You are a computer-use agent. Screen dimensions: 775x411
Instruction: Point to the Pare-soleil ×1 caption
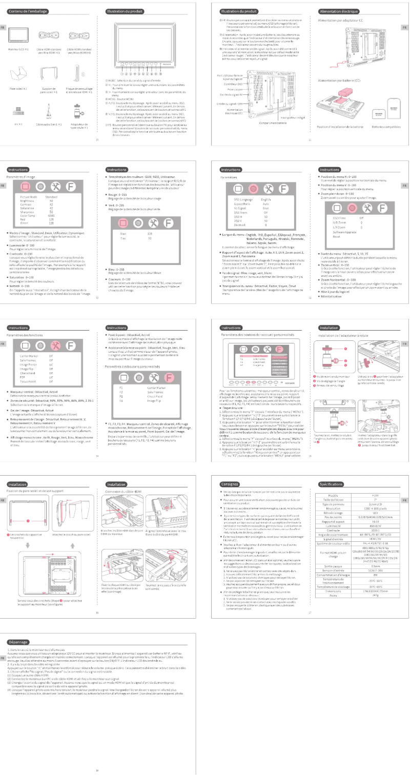click(x=18, y=92)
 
